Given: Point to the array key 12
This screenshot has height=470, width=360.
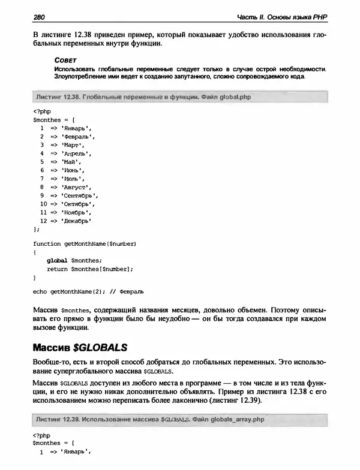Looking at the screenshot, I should pos(43,220).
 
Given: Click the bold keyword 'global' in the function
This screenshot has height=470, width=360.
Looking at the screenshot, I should pos(57,260).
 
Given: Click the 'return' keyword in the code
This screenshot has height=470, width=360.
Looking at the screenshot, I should pos(57,269).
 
